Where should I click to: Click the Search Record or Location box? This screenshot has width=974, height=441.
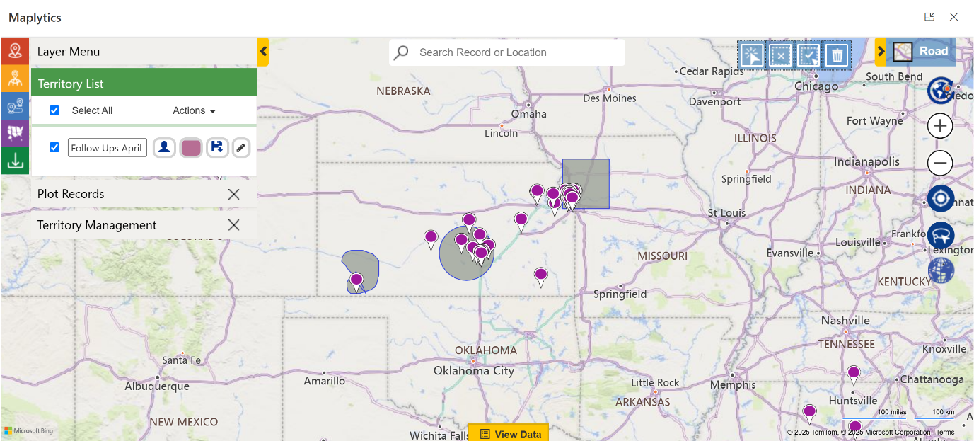click(506, 52)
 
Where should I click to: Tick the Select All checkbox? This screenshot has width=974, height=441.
click(54, 110)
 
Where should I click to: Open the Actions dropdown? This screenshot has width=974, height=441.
click(194, 110)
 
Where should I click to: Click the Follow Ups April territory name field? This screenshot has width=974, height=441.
click(108, 148)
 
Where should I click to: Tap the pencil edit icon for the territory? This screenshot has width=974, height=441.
click(241, 147)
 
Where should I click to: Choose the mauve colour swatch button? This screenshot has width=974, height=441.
click(191, 147)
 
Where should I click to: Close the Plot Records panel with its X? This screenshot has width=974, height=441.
click(234, 194)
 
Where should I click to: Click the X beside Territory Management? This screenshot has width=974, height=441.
click(234, 225)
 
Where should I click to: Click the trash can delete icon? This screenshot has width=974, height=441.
click(837, 55)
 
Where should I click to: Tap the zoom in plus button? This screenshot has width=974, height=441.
click(940, 127)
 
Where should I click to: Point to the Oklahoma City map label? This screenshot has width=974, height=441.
click(474, 370)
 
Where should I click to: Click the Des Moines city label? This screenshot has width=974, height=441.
click(610, 98)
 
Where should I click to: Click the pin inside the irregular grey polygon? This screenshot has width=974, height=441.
click(356, 280)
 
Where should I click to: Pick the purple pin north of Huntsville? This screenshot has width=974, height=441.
click(854, 373)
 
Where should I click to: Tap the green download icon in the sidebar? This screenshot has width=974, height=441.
click(15, 161)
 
